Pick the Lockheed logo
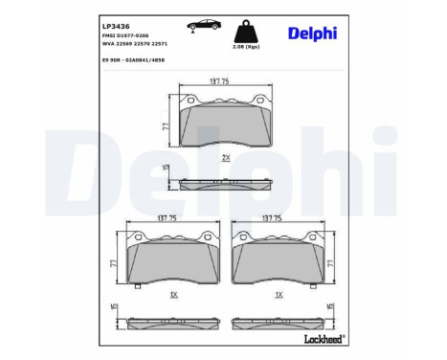(323, 338)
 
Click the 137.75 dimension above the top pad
(218, 82)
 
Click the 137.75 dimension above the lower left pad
(168, 219)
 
